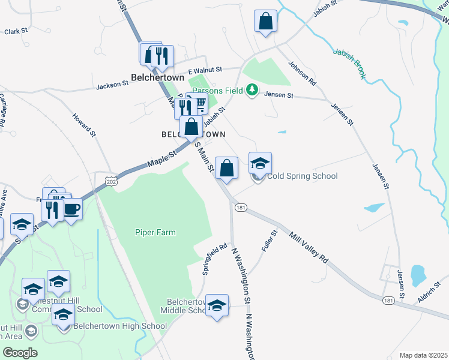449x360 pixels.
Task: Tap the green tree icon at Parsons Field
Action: tap(253, 90)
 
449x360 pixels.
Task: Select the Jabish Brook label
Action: tap(350, 64)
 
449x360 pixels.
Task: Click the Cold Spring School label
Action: tap(303, 176)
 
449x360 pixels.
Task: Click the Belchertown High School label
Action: tap(120, 326)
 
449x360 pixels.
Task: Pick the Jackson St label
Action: tap(112, 86)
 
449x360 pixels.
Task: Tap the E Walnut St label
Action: tap(205, 70)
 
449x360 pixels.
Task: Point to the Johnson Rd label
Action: tap(301, 71)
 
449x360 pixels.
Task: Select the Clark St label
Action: tap(16, 31)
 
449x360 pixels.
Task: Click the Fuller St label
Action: tap(268, 240)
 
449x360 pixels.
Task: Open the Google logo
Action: tap(20, 353)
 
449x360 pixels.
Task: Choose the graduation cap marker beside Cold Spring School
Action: tap(260, 163)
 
